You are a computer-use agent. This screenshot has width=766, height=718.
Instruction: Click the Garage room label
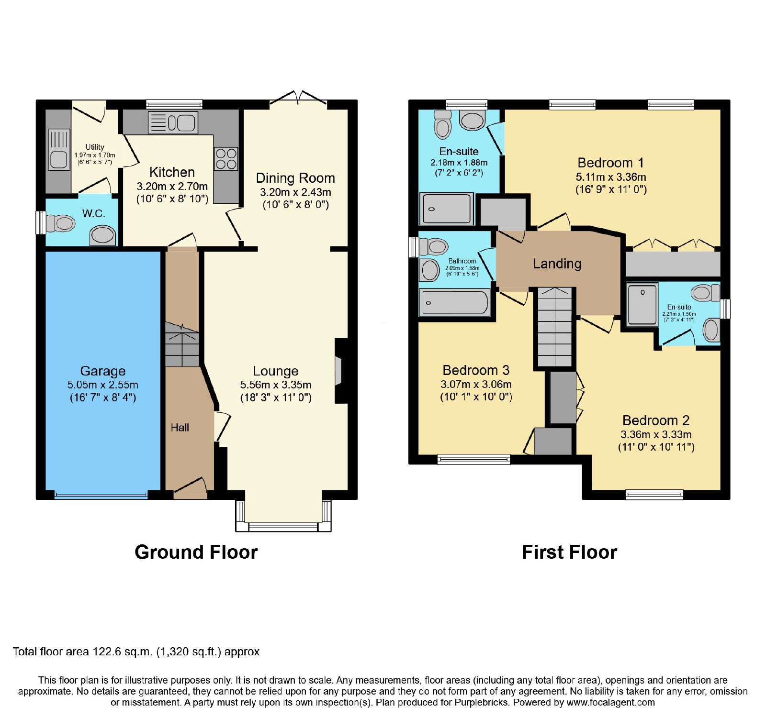[103, 371]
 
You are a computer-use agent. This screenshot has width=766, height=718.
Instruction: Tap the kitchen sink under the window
[173, 122]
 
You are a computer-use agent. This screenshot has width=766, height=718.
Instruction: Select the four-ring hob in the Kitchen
[226, 159]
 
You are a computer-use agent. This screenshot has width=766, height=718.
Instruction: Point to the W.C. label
[93, 213]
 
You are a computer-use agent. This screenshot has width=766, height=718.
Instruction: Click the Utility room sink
[59, 150]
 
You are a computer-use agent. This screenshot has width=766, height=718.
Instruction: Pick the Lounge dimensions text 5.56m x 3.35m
[276, 385]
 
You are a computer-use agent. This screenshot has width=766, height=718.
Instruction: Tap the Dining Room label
[295, 178]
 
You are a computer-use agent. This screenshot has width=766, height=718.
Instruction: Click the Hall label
[180, 428]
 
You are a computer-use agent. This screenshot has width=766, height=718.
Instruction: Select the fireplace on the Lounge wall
[341, 370]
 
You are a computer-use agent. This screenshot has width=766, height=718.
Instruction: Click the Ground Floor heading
[196, 552]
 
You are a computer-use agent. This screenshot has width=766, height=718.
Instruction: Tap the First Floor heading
[569, 552]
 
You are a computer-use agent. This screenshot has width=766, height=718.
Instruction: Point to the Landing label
[557, 264]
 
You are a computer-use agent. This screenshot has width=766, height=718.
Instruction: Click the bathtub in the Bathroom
[455, 302]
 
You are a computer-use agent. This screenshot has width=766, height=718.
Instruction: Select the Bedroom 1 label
[611, 163]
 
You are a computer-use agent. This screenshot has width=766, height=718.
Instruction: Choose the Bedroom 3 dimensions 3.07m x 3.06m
[476, 384]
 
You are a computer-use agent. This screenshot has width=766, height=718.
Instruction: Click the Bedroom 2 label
[656, 420]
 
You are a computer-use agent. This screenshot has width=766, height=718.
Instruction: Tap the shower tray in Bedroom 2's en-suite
[642, 305]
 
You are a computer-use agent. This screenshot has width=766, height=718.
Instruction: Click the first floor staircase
[555, 327]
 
